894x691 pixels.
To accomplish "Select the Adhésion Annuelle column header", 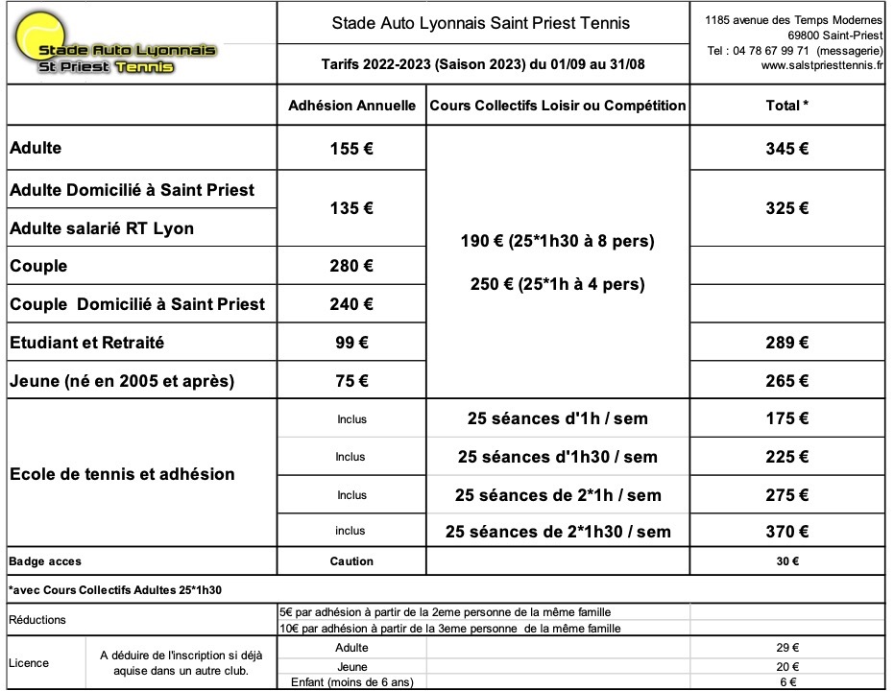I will coord(351,106).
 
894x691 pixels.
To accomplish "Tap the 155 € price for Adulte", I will coord(351,149).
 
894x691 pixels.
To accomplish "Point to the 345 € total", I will coord(787,149).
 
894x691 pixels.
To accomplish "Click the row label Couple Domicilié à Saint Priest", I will coord(137,304).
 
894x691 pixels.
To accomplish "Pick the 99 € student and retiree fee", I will coord(351,343).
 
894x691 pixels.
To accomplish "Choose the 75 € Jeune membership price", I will coord(351,381).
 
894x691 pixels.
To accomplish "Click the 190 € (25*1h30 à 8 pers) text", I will coord(558,242).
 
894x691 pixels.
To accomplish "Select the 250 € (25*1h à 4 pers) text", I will coord(558,284).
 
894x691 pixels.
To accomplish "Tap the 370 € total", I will coord(787,532).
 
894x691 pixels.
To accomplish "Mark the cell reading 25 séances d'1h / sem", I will coord(558,418).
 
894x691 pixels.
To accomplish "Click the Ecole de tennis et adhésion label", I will coord(122,474).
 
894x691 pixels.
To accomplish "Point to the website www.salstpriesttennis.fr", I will coord(823,66).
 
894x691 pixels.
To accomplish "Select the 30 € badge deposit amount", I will coord(787,561).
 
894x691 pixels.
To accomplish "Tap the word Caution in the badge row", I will coord(351,561).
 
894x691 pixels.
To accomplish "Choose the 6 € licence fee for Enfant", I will coord(787,682).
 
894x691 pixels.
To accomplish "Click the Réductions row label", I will coord(37,620).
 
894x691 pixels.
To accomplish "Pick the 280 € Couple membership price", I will coord(351,266).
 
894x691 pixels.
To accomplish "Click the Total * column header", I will coord(787,106).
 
